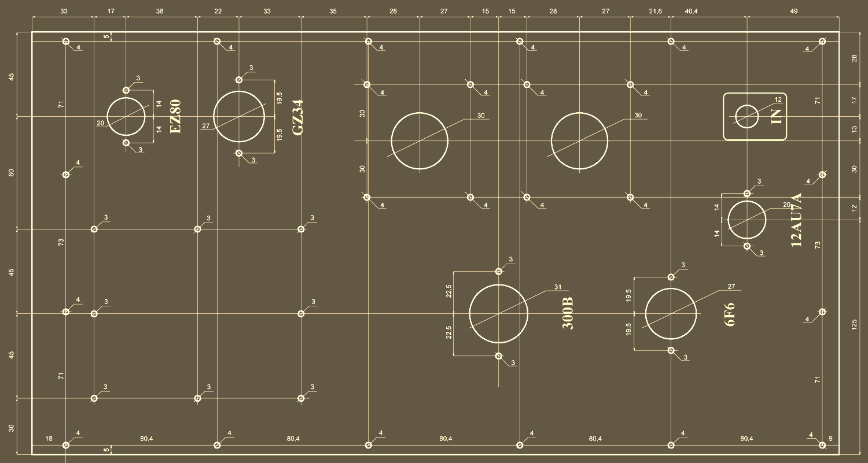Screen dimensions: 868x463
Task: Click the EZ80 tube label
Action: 175,117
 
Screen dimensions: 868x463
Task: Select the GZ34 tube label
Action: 297,118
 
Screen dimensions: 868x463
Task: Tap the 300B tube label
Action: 568,313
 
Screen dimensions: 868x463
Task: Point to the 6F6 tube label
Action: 730,314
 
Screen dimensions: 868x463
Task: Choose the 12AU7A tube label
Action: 796,220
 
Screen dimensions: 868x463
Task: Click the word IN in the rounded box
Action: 776,117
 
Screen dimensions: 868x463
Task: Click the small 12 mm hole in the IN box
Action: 746,116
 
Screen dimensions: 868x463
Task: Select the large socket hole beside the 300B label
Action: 498,313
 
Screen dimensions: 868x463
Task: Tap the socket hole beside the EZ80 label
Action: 126,117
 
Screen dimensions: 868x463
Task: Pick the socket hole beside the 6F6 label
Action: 671,313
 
